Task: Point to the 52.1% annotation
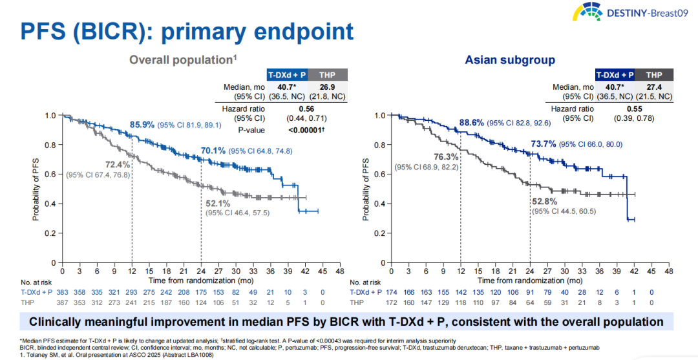point(218,204)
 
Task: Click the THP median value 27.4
point(654,88)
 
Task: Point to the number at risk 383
point(63,292)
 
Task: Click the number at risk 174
point(392,292)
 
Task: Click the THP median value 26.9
point(327,88)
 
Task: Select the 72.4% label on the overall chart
point(118,164)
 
